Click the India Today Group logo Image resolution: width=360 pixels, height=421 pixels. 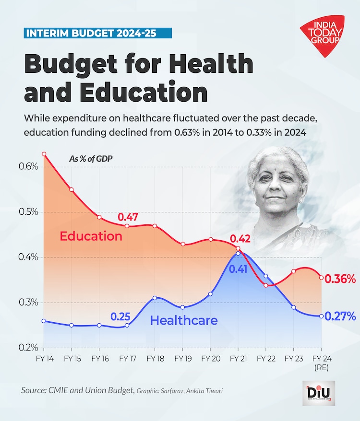click(x=322, y=33)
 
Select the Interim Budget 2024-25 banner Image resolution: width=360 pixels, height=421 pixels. click(x=97, y=33)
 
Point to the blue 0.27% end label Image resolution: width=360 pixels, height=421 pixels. click(x=340, y=316)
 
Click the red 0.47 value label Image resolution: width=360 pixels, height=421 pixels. click(x=128, y=217)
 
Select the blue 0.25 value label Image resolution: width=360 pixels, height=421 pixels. click(x=120, y=317)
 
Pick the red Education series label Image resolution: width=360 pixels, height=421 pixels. click(x=91, y=236)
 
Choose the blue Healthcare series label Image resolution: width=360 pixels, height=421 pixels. click(x=184, y=320)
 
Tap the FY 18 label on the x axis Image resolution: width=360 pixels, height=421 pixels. click(x=155, y=358)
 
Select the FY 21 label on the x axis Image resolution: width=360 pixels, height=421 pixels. click(x=238, y=358)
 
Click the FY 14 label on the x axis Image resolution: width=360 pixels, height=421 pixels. click(x=44, y=358)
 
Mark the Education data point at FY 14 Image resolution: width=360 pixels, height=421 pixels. click(x=44, y=154)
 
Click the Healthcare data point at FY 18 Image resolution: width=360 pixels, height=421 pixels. click(x=155, y=298)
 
